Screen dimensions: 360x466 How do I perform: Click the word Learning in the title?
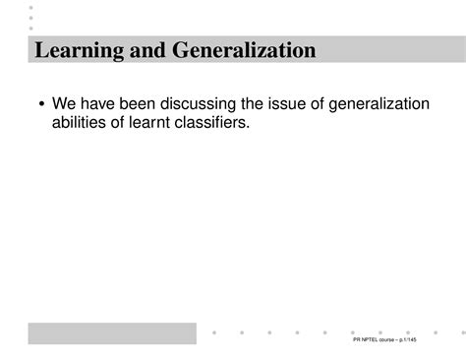(x=74, y=50)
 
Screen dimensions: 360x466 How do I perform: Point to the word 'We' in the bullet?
(x=64, y=104)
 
